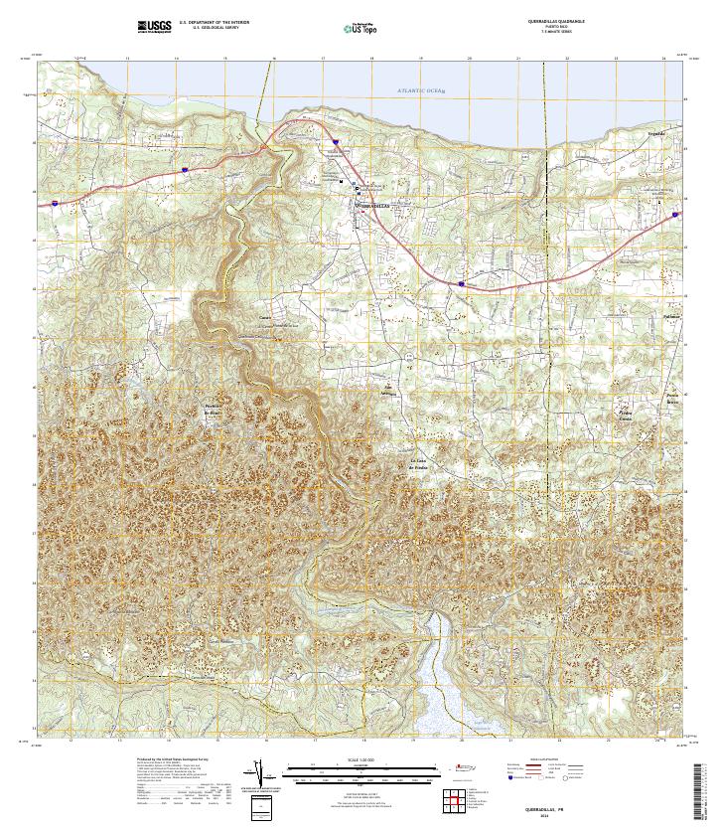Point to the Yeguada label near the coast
(654, 131)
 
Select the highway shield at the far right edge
(675, 213)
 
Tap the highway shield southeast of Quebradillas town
(462, 283)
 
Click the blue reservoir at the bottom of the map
(435, 686)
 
